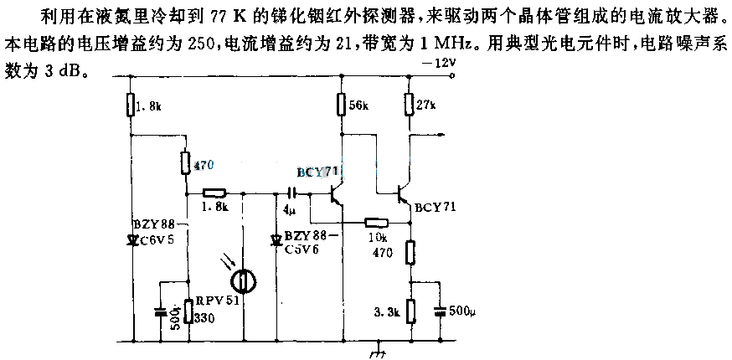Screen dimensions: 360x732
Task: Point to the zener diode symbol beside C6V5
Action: click(131, 239)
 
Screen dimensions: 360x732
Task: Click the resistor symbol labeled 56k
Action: click(341, 105)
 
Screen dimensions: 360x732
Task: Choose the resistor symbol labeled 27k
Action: click(410, 105)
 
